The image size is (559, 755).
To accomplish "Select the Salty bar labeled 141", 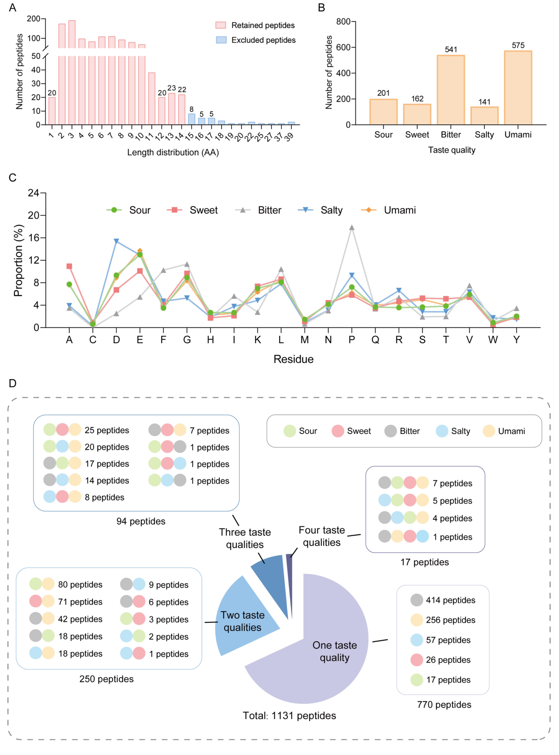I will (484, 116).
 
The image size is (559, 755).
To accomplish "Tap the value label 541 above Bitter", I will (451, 49).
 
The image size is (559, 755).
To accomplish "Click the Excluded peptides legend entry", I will (263, 40).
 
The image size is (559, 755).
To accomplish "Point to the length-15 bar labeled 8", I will (191, 119).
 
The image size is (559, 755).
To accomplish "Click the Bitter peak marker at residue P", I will (352, 228).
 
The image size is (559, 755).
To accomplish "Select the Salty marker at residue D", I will (116, 241).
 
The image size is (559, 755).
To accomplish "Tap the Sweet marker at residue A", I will (69, 266).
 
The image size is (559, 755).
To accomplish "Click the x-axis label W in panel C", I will (493, 340).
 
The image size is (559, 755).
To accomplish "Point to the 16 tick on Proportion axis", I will (34, 238).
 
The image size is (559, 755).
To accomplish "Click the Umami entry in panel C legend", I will (399, 210).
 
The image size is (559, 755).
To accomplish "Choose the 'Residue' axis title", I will (293, 359).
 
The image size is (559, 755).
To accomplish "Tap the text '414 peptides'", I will (450, 600).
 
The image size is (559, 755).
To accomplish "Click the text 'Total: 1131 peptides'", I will (290, 716).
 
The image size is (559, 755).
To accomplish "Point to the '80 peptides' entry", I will (80, 584).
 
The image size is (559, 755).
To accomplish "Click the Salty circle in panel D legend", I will (442, 431).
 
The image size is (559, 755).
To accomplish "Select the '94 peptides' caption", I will (141, 521).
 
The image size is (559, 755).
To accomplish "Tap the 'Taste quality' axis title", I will (452, 150).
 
